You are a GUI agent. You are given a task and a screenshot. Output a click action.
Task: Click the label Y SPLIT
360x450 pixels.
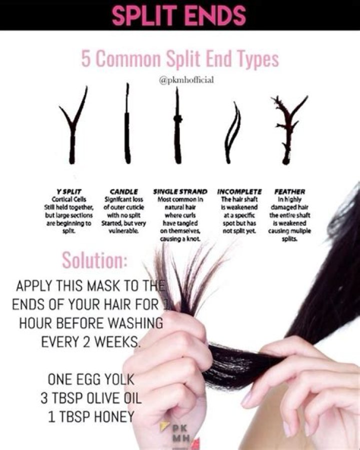(69, 192)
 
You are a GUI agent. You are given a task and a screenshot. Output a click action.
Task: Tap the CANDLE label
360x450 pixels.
(123, 192)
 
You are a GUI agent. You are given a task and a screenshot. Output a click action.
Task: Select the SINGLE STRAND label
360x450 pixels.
(180, 192)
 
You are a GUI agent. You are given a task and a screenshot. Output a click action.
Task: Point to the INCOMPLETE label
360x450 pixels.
(239, 192)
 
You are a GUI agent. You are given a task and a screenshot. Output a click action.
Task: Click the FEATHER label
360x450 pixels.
(289, 192)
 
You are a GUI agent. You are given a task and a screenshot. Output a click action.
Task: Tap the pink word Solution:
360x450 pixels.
(94, 261)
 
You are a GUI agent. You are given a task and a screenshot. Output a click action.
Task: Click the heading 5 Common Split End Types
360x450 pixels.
(179, 59)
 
